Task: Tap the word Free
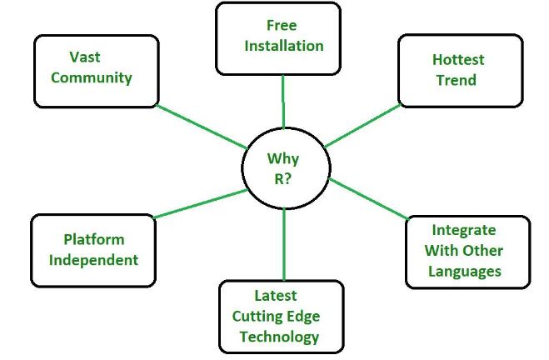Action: point(282,25)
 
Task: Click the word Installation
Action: point(283,45)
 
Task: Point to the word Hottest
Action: point(457,60)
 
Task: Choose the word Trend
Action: point(456,80)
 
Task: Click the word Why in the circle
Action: point(282,158)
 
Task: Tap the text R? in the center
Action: point(282,178)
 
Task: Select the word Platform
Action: point(94,240)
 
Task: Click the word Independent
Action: point(93,259)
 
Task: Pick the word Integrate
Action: point(463,230)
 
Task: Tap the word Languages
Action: point(465,271)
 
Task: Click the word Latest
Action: point(275,295)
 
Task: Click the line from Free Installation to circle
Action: point(283,102)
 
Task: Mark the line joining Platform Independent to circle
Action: point(200,204)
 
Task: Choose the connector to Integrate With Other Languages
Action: point(368,199)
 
